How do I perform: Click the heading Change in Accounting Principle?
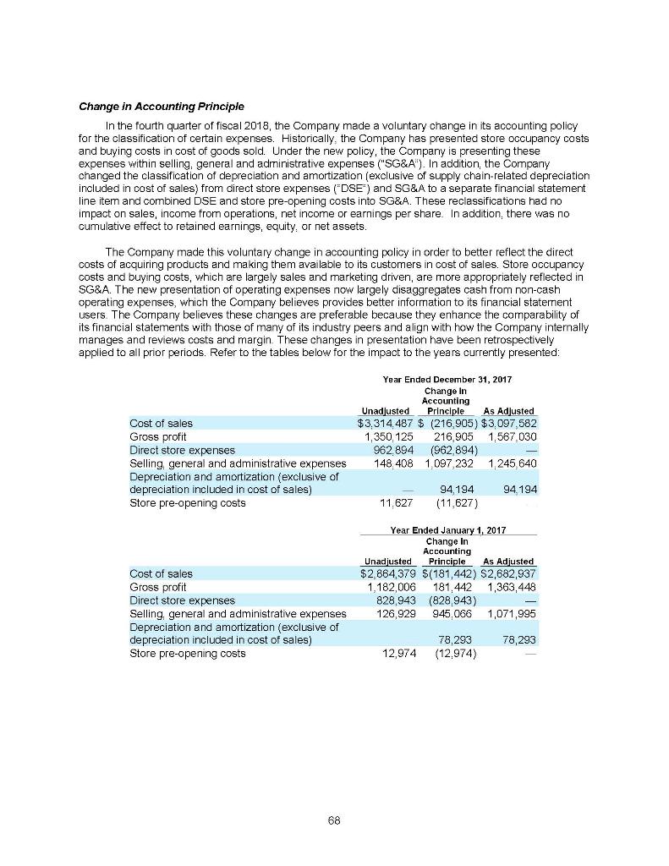coord(161,107)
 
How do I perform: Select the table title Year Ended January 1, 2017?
coord(447,529)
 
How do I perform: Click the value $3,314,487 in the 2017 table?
coord(385,423)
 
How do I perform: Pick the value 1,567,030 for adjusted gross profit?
coord(510,436)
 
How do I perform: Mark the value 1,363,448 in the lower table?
coord(510,586)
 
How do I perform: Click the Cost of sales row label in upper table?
coord(161,423)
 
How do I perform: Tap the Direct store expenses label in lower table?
coord(182,600)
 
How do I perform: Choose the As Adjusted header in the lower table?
coord(507,561)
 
